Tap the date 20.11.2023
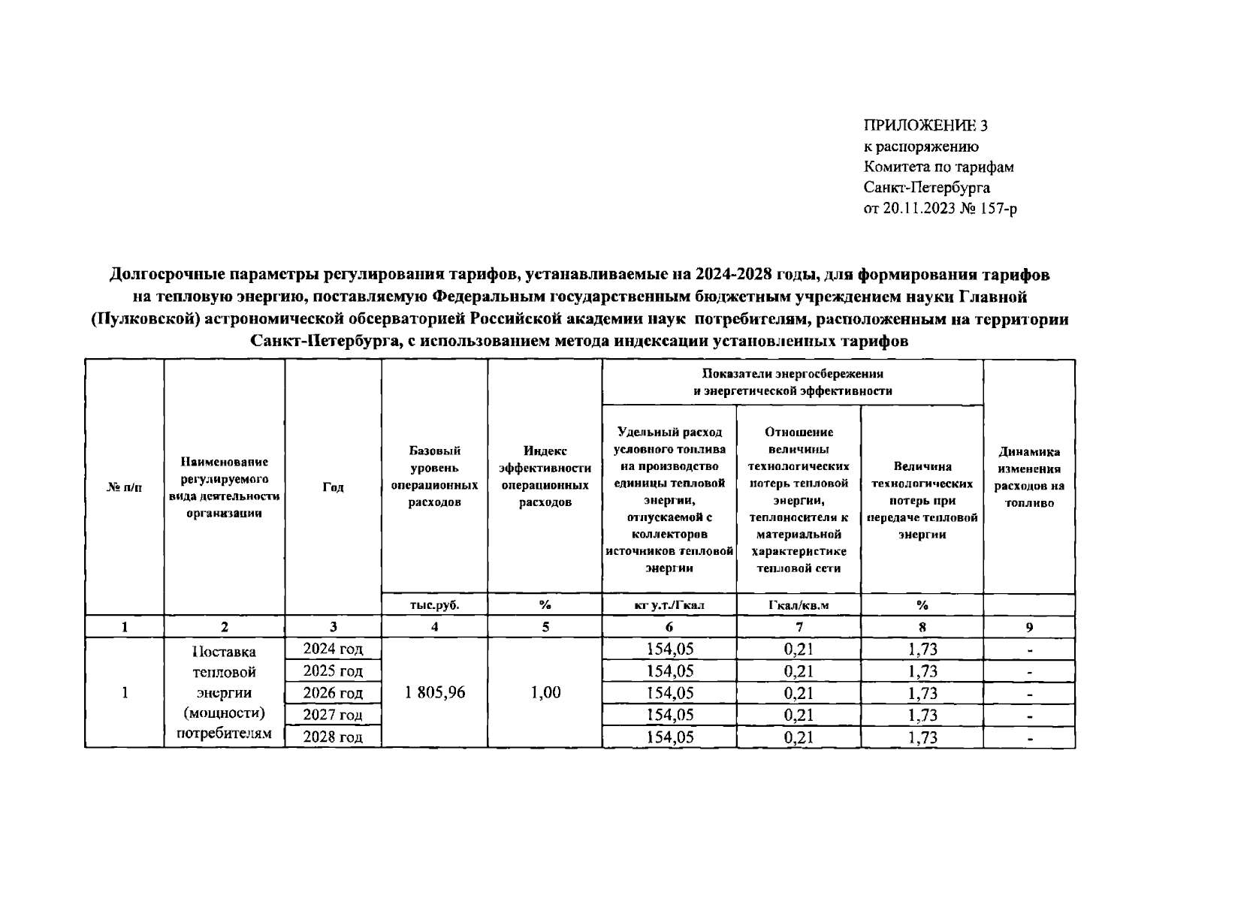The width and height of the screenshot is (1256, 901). click(x=918, y=209)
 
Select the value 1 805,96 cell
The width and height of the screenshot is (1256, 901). click(x=435, y=692)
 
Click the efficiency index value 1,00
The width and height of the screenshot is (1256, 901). click(x=545, y=692)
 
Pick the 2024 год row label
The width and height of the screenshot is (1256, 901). click(x=333, y=649)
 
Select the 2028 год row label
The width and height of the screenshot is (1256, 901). click(x=333, y=737)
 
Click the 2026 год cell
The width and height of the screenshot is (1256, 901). click(x=333, y=692)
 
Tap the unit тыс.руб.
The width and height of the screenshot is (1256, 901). click(x=435, y=604)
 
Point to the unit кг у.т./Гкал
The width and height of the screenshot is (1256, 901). click(x=669, y=604)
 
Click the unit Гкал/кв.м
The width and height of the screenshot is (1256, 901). click(x=799, y=604)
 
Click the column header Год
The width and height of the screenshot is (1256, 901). click(x=333, y=487)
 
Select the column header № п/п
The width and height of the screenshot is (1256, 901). click(x=124, y=487)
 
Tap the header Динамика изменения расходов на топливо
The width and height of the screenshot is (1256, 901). click(x=1029, y=478)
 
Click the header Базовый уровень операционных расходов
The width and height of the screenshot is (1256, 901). click(x=435, y=476)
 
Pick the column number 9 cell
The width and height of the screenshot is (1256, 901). click(x=1029, y=627)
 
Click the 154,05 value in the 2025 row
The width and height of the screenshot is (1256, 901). click(x=669, y=670)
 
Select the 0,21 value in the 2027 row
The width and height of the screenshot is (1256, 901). click(x=799, y=715)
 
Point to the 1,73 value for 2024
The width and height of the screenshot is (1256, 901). click(x=922, y=649)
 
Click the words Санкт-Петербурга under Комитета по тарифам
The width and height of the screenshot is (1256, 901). click(x=927, y=188)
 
